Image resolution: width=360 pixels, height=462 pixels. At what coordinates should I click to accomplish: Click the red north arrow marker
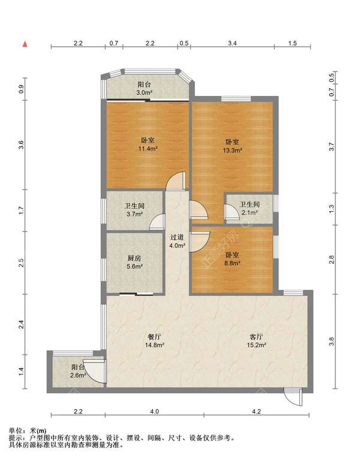[x=25, y=44]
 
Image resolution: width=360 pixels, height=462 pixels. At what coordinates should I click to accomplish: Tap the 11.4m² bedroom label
[x=148, y=145]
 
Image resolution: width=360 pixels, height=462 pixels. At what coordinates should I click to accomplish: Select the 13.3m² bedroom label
[x=232, y=146]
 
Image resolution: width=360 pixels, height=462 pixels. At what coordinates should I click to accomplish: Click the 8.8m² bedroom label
[x=232, y=259]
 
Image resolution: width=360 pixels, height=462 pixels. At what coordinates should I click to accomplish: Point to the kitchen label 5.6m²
[x=135, y=263]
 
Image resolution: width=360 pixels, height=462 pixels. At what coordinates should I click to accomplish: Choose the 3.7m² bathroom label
[x=134, y=210]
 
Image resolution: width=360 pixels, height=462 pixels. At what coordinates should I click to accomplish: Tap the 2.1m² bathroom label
[x=250, y=208]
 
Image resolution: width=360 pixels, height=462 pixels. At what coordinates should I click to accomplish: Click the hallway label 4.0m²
[x=177, y=241]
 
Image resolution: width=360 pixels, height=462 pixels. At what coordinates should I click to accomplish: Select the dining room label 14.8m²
[x=154, y=341]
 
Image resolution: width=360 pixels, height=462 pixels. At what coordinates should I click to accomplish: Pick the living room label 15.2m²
[x=256, y=341]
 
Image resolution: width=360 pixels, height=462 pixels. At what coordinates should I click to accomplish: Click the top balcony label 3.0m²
[x=144, y=88]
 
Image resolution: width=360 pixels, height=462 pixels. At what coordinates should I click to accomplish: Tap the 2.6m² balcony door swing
[x=94, y=371]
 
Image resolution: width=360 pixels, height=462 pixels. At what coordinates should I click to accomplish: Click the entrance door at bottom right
[x=293, y=397]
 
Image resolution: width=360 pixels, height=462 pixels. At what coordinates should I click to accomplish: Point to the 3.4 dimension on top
[x=232, y=43]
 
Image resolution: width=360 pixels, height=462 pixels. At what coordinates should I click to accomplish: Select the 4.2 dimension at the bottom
[x=256, y=412]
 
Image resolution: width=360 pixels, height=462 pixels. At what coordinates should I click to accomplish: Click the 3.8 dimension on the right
[x=331, y=341]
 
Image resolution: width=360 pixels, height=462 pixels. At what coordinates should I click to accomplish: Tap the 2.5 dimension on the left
[x=21, y=263]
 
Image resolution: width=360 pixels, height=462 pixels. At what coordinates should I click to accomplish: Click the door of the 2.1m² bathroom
[x=232, y=212]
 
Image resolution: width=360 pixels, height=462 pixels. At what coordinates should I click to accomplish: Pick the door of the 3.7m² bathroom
[x=157, y=222]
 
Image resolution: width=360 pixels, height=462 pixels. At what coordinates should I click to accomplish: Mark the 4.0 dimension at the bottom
[x=154, y=412]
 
